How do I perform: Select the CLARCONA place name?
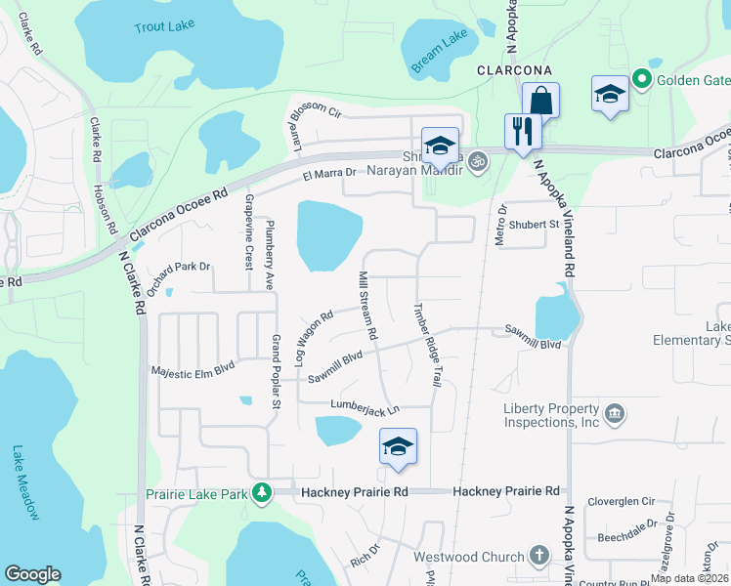514,71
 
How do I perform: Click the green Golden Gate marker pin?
641,78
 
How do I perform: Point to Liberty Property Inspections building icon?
614,415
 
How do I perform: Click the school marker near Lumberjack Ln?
398,447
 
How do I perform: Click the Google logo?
32,574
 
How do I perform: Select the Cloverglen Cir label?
621,501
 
